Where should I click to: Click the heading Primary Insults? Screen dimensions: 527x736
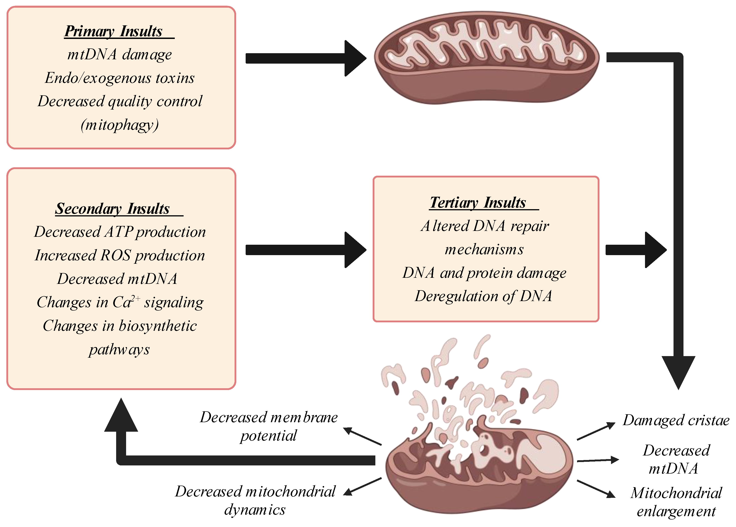click(114, 31)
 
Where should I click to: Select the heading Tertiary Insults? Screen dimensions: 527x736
click(478, 203)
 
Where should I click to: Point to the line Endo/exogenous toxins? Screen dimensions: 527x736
click(119, 78)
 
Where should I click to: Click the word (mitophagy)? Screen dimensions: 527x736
click(119, 125)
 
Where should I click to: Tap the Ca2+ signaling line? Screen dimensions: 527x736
click(120, 302)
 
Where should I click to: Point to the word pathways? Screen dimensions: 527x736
click(119, 350)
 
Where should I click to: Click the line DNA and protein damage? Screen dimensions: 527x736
click(484, 273)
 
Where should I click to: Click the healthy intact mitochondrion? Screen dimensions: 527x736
click(486, 58)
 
